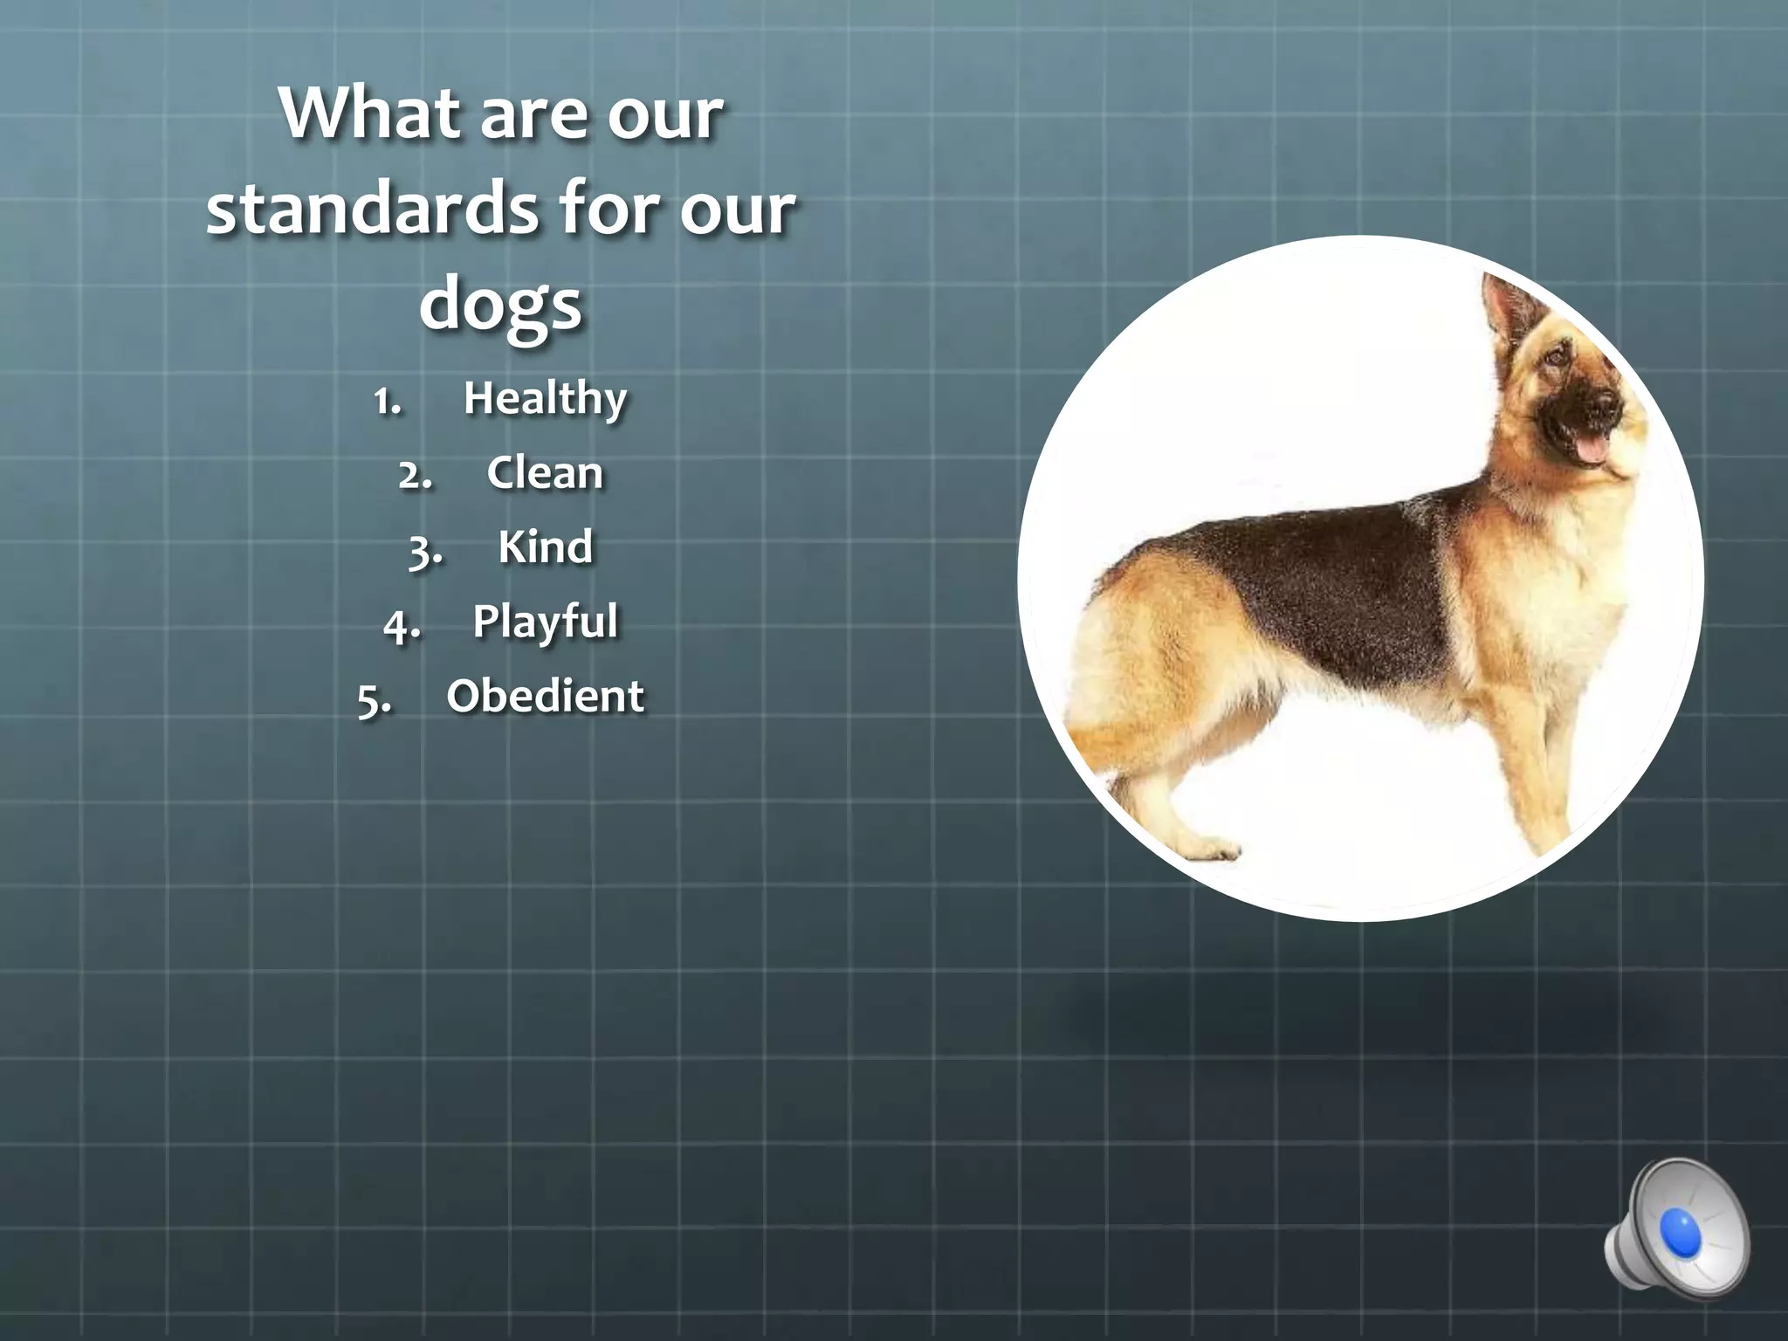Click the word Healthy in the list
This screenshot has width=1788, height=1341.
[545, 399]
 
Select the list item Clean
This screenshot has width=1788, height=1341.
[545, 473]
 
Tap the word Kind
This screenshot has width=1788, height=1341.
[545, 547]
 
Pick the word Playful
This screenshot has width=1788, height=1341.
[545, 622]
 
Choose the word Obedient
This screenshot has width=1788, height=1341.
[545, 697]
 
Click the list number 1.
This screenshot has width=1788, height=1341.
[387, 402]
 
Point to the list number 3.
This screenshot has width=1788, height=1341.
[425, 551]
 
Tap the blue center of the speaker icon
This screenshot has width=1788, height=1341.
[1681, 1232]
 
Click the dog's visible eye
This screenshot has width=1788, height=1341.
[1556, 357]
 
